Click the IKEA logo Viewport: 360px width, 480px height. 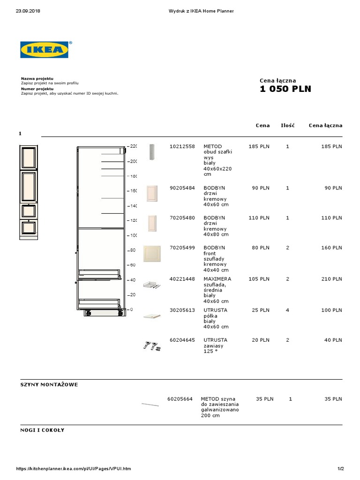tap(44, 50)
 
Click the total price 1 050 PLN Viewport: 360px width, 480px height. tap(285, 89)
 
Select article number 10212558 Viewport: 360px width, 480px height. tap(182, 147)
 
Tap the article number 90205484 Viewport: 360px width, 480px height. tap(182, 188)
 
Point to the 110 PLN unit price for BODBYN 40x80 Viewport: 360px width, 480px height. tap(261, 218)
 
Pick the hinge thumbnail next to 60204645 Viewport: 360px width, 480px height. tap(151, 346)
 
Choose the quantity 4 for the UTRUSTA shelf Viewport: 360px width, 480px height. tap(287, 310)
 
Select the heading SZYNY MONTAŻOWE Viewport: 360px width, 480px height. tap(49, 385)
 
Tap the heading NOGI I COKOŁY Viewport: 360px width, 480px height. tap(42, 430)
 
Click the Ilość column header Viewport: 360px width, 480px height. tap(287, 125)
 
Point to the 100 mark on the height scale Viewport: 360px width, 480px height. tap(133, 235)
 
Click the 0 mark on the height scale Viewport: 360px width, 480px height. tap(131, 309)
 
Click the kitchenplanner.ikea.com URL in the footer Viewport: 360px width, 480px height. tap(74, 469)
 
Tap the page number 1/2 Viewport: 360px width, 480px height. tap(341, 469)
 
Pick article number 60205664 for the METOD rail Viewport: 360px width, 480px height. tap(180, 399)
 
